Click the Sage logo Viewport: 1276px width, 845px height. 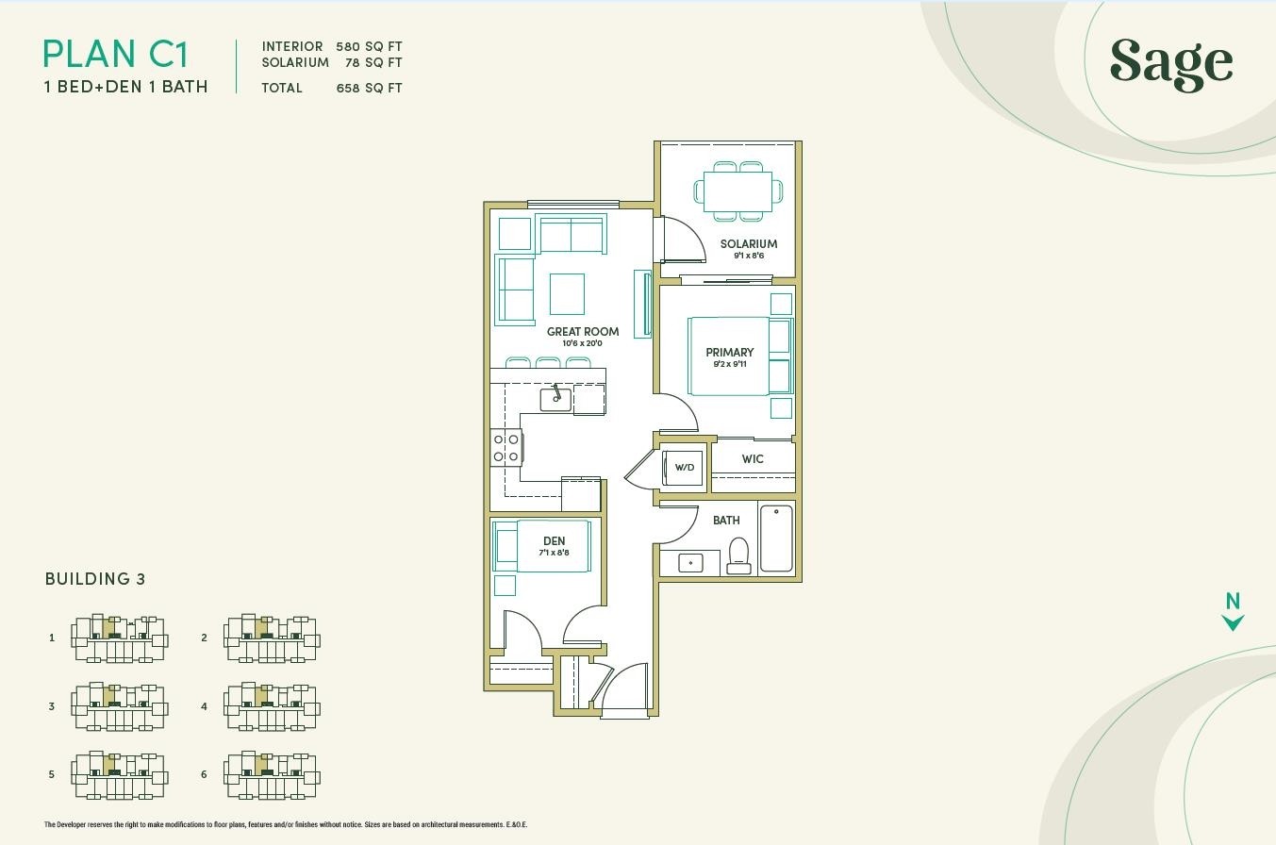point(1171,65)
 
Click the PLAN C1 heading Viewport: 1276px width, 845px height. point(116,54)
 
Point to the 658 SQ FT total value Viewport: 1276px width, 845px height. point(369,88)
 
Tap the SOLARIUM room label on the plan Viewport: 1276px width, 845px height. point(749,244)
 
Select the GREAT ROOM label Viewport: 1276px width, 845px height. point(583,332)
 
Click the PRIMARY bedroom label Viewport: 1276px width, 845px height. point(730,352)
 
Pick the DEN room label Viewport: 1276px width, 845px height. point(554,540)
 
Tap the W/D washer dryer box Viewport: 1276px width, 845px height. point(684,468)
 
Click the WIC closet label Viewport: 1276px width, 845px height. point(753,459)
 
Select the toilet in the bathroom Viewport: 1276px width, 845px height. point(738,556)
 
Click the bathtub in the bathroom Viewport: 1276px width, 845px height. point(776,538)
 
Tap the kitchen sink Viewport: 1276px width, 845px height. point(555,399)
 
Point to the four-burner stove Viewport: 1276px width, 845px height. point(505,448)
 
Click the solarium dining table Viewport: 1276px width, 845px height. point(738,191)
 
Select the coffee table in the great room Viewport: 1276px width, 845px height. point(567,294)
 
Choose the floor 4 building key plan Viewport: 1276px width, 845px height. point(272,706)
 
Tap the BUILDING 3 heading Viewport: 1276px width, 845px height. point(95,579)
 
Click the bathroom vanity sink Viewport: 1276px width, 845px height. point(691,563)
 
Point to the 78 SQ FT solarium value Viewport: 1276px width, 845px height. point(373,62)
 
